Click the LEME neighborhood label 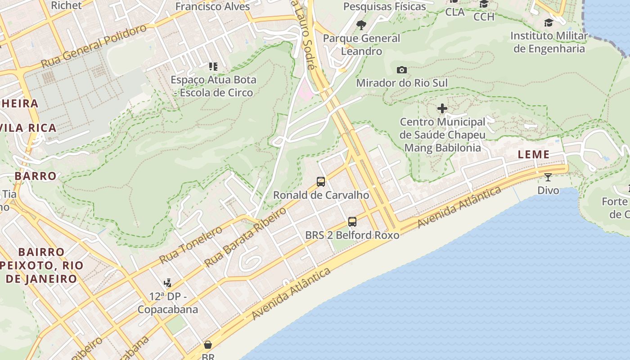pyautogui.click(x=533, y=154)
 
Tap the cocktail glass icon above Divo pyautogui.click(x=548, y=177)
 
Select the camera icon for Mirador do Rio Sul pyautogui.click(x=402, y=70)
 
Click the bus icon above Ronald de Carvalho pyautogui.click(x=321, y=182)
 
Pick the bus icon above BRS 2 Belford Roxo pyautogui.click(x=352, y=221)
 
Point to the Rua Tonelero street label pyautogui.click(x=191, y=245)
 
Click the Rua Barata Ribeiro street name pyautogui.click(x=245, y=237)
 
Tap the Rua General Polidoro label pyautogui.click(x=94, y=46)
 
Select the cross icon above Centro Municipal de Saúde pyautogui.click(x=442, y=108)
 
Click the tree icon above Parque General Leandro pyautogui.click(x=361, y=25)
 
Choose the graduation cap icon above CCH pyautogui.click(x=484, y=4)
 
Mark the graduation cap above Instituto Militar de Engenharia pyautogui.click(x=549, y=22)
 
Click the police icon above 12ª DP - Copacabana pyautogui.click(x=168, y=283)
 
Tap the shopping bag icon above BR pyautogui.click(x=208, y=345)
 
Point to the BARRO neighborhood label pyautogui.click(x=36, y=176)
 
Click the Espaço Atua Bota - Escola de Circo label pyautogui.click(x=213, y=86)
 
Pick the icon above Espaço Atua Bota pyautogui.click(x=213, y=67)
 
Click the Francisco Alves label pyautogui.click(x=212, y=6)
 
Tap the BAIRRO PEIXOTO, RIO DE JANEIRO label pyautogui.click(x=41, y=265)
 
